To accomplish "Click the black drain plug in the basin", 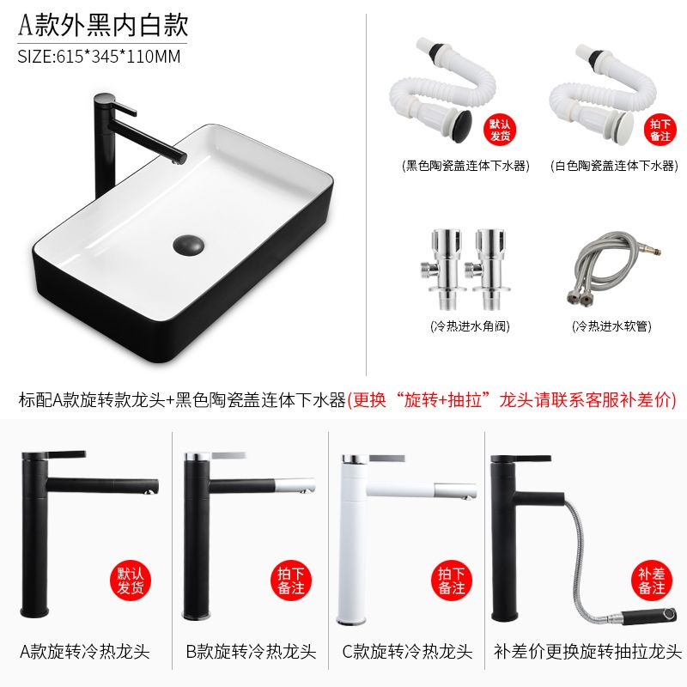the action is point(188,245).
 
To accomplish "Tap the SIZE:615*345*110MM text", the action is point(99,57).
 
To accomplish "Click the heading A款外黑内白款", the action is point(103,25).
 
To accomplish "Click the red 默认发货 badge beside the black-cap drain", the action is point(500,130).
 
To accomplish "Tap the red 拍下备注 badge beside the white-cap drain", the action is point(660,130).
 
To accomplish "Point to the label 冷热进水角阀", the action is point(470,326).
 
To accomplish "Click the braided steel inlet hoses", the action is point(613,268).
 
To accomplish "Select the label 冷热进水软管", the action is point(611,326).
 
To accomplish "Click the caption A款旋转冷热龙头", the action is point(85,652).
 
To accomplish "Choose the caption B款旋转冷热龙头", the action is point(251,652).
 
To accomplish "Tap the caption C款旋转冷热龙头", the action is point(407,652).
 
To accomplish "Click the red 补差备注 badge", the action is point(652,581).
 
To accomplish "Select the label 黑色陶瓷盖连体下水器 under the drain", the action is point(465,166).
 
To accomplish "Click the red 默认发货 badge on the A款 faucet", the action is point(131,581).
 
